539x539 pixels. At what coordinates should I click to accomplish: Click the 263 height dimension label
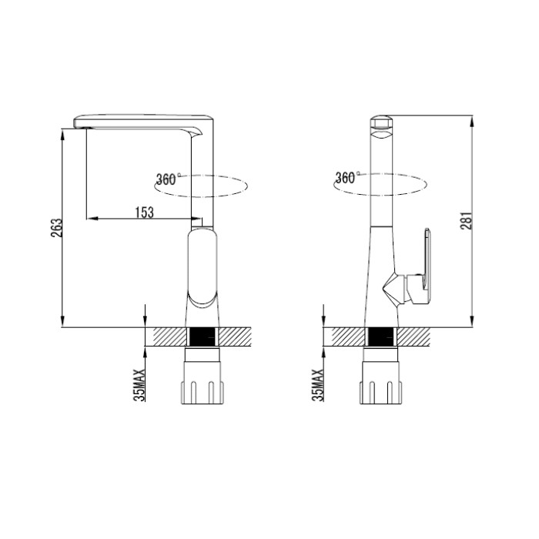[x=57, y=228]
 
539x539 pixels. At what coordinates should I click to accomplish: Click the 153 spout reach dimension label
[x=145, y=213]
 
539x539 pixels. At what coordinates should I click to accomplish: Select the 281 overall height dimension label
[x=467, y=221]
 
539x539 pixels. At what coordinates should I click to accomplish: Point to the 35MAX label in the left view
[x=139, y=385]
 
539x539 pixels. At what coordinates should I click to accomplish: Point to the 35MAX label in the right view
[x=318, y=385]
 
